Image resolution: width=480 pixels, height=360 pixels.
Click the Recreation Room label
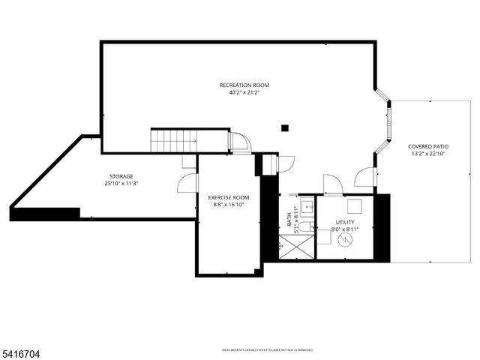[244, 85]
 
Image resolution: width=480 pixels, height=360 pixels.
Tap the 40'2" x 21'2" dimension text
[244, 92]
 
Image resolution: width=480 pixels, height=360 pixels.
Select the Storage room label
[121, 176]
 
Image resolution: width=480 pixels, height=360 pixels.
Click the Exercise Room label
[228, 197]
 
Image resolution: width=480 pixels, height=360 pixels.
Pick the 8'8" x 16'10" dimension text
[228, 205]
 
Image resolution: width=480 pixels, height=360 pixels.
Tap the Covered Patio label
[424, 146]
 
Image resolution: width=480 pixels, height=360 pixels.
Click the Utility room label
[345, 222]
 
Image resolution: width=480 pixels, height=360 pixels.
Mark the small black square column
[285, 127]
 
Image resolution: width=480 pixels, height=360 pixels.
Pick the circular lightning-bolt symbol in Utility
[346, 240]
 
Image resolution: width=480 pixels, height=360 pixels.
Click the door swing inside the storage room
[184, 183]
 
